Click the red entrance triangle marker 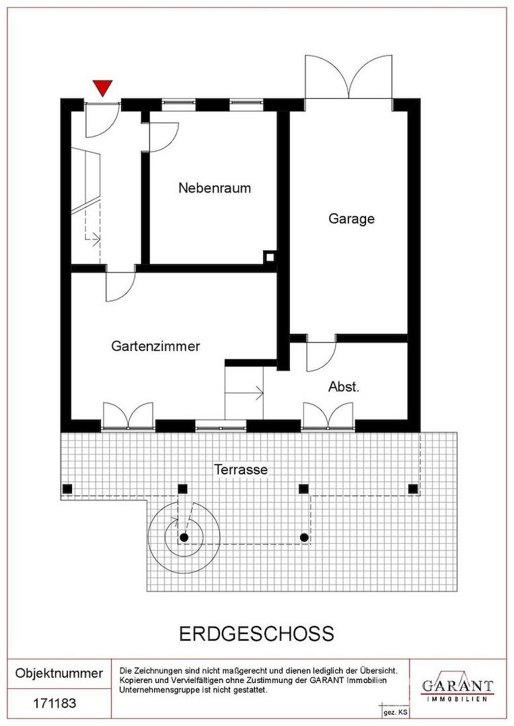point(102,87)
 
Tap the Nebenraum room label point(215,188)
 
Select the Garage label point(351,218)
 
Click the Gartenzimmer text point(155,346)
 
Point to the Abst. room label point(344,387)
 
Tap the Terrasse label point(241,469)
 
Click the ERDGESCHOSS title point(256,634)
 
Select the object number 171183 point(54,703)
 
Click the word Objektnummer point(59,673)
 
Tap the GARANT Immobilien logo point(457,688)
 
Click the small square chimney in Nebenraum point(269,257)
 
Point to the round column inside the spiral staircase point(184,538)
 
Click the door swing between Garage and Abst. point(321,356)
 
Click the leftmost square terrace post point(68,489)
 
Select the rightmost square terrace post point(413,489)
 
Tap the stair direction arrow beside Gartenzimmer point(244,393)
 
